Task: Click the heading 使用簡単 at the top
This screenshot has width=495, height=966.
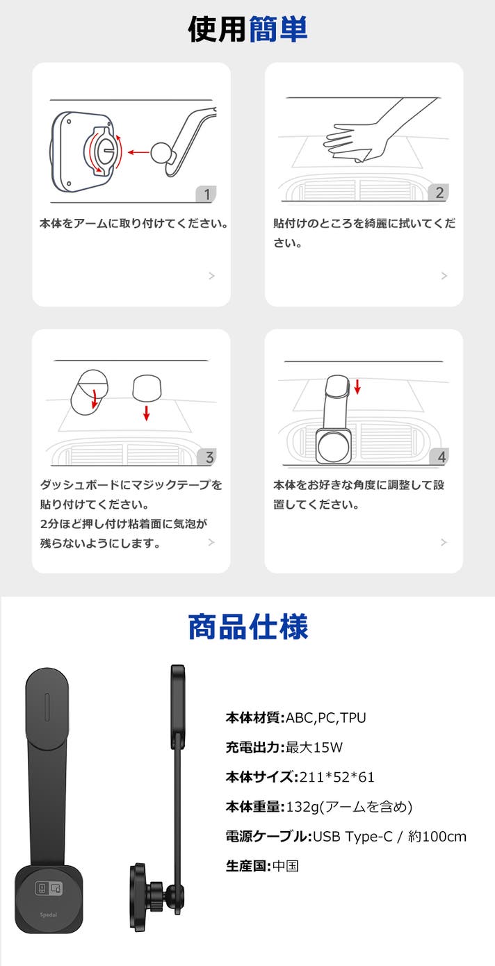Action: [247, 29]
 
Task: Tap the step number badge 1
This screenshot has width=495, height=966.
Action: [206, 195]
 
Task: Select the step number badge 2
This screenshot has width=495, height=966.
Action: [439, 193]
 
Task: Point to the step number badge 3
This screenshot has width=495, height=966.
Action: [207, 457]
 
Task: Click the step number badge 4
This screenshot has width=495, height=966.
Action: [439, 457]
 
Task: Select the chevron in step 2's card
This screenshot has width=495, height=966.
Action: [444, 276]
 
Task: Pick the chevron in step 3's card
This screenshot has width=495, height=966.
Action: [211, 542]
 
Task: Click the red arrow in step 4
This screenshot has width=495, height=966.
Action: [357, 386]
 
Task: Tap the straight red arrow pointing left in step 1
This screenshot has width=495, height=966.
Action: [138, 152]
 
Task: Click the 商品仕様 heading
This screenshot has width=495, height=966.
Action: [248, 627]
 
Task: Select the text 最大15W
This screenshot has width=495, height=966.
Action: [314, 747]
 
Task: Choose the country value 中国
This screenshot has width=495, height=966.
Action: [285, 866]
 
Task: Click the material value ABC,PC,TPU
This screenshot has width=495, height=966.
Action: [326, 718]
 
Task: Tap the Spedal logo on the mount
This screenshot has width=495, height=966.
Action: [49, 915]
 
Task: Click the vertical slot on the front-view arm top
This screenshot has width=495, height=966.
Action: [47, 707]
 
